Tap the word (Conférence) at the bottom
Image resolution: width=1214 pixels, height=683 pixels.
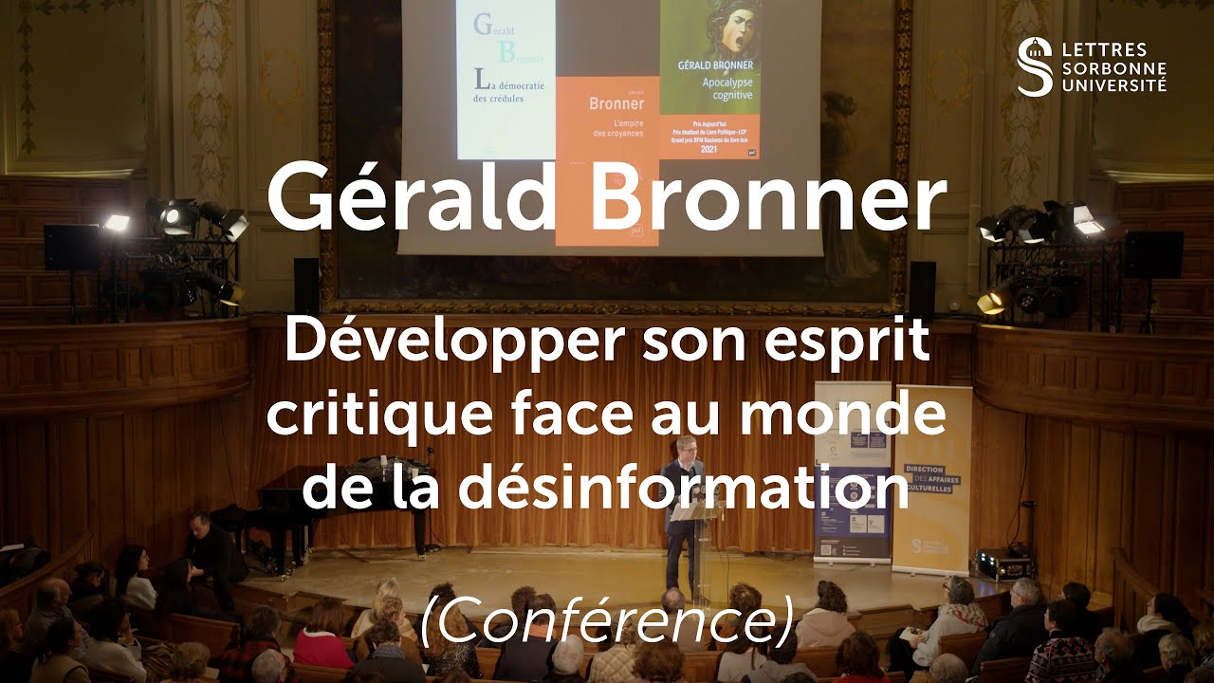point(606,622)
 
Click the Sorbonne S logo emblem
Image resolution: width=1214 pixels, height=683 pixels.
point(1034,66)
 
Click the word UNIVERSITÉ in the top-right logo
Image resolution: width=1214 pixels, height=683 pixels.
point(1114,85)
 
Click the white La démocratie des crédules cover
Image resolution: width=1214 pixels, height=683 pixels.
point(505,81)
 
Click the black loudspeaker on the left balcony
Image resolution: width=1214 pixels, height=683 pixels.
point(72,247)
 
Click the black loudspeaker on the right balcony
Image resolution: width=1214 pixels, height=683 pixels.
point(1152,254)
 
